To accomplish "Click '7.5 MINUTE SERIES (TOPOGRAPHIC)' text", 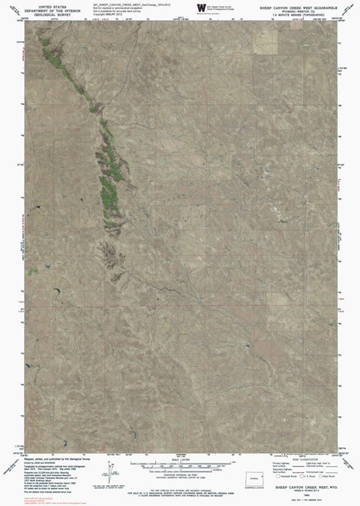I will [x=300, y=12].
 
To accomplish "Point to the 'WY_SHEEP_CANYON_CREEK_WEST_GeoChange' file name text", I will [x=124, y=4].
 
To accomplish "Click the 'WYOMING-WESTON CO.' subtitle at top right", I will [x=300, y=8].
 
